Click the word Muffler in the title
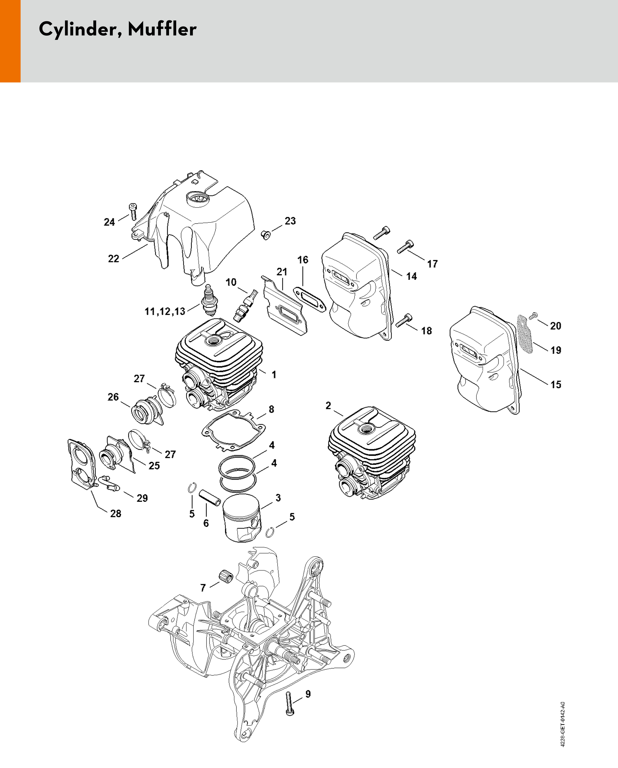click(x=162, y=29)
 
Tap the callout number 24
click(x=109, y=222)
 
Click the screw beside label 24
click(x=133, y=212)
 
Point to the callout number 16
click(x=303, y=260)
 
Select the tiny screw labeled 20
click(x=534, y=315)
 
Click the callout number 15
click(x=556, y=385)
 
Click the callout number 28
click(x=116, y=514)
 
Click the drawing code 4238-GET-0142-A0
click(x=562, y=724)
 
